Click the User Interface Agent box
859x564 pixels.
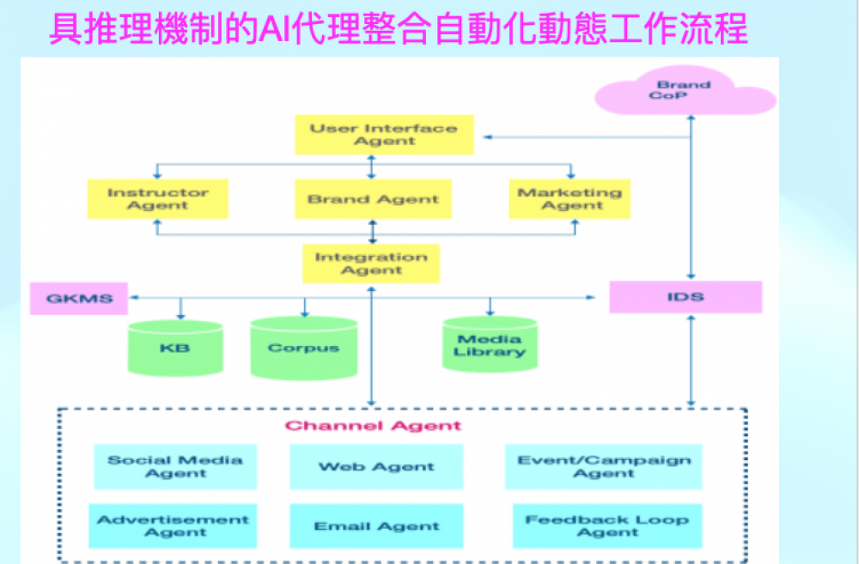click(x=384, y=136)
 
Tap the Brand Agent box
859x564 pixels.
click(x=373, y=199)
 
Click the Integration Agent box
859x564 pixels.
click(x=371, y=264)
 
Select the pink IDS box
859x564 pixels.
click(x=685, y=297)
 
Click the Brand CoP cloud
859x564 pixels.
click(x=685, y=92)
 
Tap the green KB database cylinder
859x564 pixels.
click(x=174, y=349)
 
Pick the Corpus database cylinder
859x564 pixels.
click(x=303, y=349)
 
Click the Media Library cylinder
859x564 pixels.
click(x=490, y=345)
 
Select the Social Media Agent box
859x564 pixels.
click(x=174, y=466)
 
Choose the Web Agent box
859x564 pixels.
click(x=376, y=467)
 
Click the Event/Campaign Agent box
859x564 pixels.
click(x=603, y=466)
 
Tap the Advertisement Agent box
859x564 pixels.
click(x=173, y=525)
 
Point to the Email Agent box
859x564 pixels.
click(x=376, y=526)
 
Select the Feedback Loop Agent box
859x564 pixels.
click(x=606, y=525)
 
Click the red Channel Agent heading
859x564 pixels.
click(x=373, y=426)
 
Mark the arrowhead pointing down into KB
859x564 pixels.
click(x=180, y=315)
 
